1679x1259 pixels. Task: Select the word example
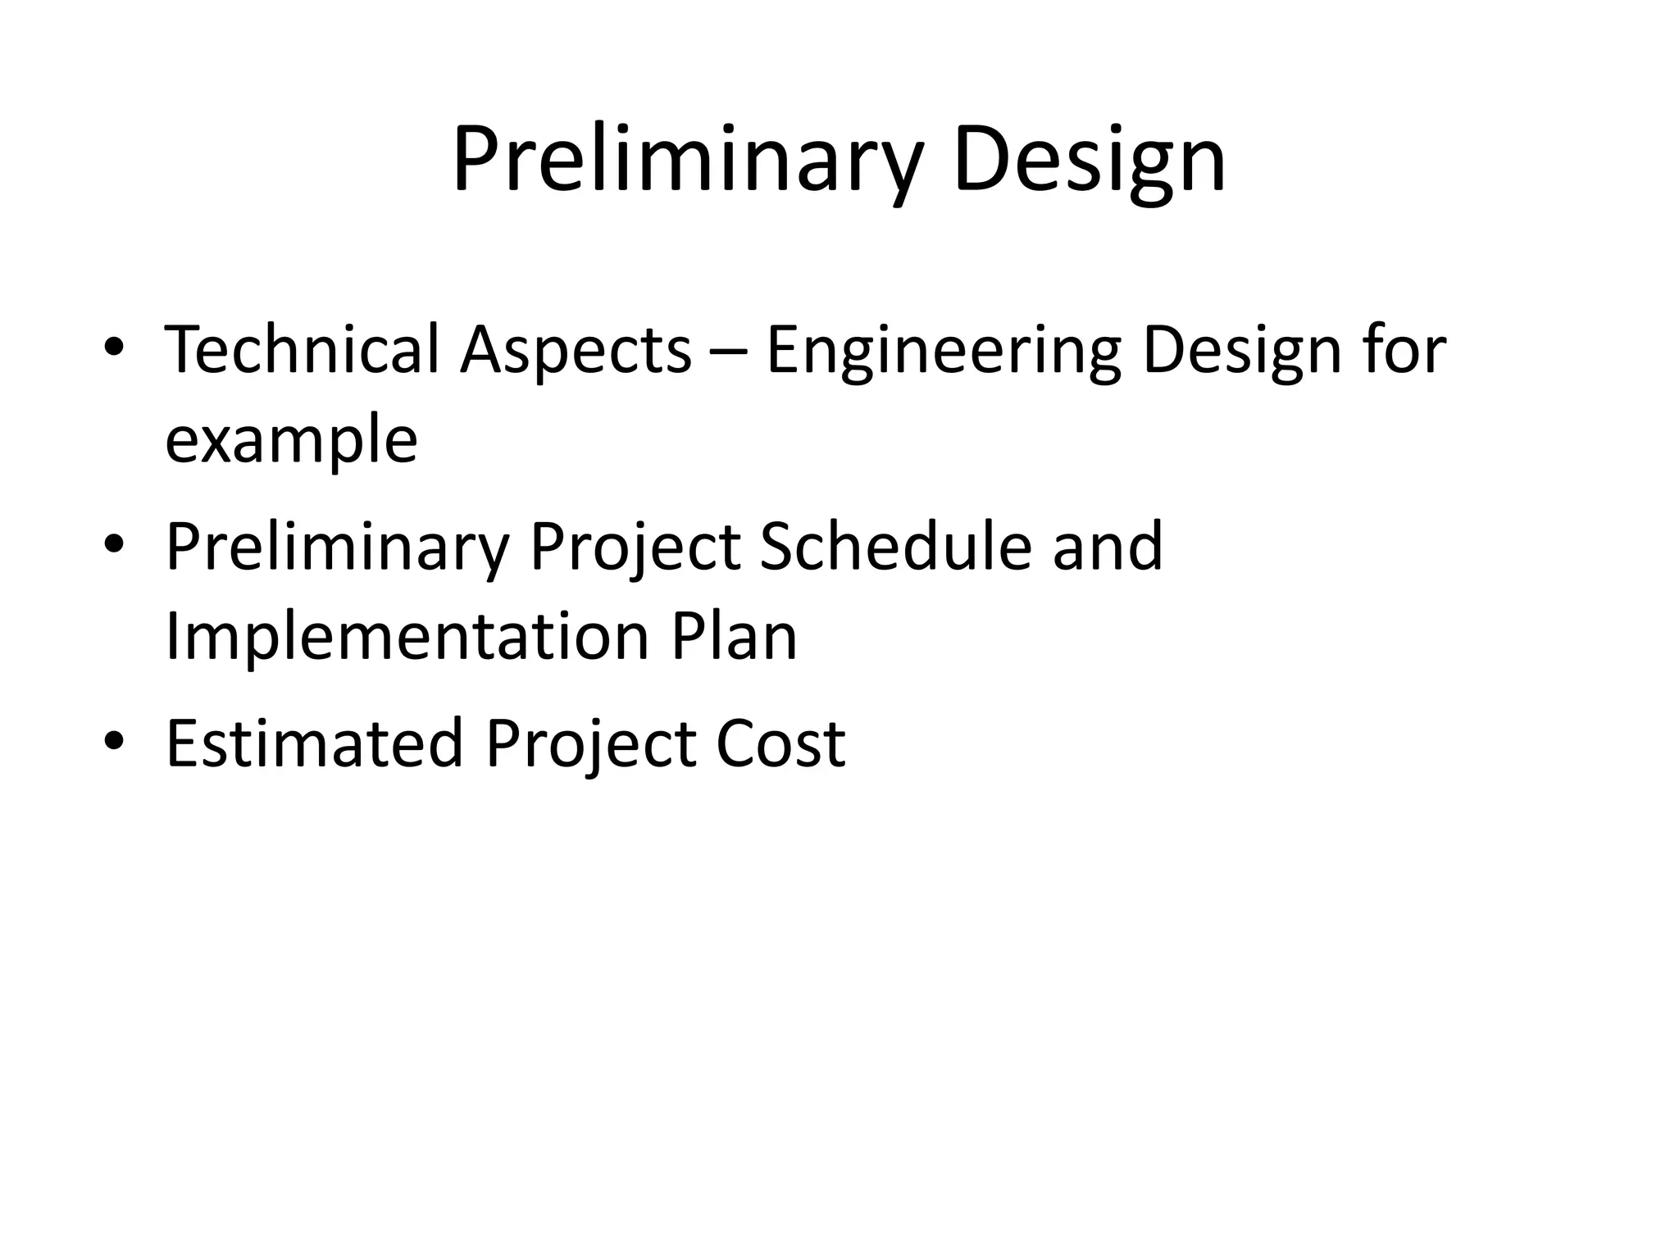(x=291, y=441)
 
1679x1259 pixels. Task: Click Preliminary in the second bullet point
(x=337, y=548)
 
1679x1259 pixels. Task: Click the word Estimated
(x=315, y=743)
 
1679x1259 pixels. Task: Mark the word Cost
(x=780, y=743)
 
